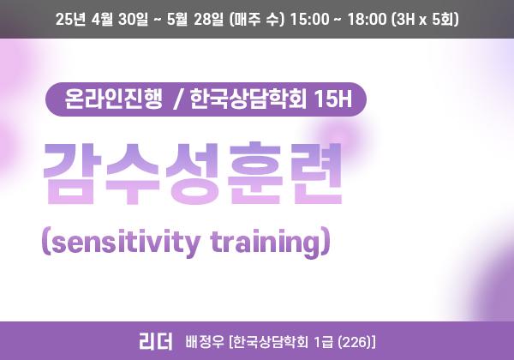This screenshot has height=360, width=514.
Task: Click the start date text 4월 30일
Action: tap(120, 19)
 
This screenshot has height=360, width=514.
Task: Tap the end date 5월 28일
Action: tap(195, 19)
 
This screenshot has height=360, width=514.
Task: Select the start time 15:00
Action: tap(309, 19)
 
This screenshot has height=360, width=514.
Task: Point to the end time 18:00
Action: tap(367, 19)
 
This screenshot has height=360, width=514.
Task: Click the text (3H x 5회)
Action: tap(425, 19)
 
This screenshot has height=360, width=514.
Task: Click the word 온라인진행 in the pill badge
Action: tap(113, 99)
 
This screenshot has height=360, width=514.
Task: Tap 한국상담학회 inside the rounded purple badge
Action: tap(248, 99)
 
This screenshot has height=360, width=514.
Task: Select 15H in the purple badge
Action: tap(332, 99)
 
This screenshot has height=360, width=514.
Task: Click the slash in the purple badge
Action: tap(177, 99)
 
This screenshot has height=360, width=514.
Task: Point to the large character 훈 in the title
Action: tap(254, 173)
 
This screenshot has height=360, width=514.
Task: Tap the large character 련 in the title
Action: tap(314, 173)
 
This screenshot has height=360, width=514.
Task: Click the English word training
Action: tap(265, 242)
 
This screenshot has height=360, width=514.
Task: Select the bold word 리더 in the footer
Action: tap(155, 341)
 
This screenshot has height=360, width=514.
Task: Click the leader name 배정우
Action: tap(206, 342)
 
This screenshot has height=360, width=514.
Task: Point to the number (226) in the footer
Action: tap(354, 342)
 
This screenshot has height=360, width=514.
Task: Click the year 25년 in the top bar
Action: tap(71, 19)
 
